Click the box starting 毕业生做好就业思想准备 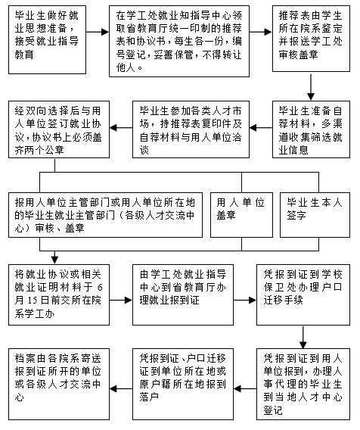(x=47, y=40)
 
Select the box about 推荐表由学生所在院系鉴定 (x=311, y=39)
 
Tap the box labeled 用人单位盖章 (x=241, y=215)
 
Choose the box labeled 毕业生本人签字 (x=315, y=215)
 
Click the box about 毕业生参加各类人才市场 (x=191, y=129)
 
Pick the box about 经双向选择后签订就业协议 (x=59, y=129)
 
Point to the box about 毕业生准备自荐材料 (x=311, y=129)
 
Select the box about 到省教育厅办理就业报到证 (x=183, y=294)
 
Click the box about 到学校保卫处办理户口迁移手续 (x=303, y=294)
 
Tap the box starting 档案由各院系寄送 (x=59, y=385)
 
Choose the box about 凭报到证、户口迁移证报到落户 (x=183, y=385)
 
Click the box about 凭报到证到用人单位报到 (x=303, y=385)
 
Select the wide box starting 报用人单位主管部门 (x=105, y=215)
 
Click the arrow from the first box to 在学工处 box (x=98, y=32)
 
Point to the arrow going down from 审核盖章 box (x=311, y=86)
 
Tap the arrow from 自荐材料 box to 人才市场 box (x=261, y=127)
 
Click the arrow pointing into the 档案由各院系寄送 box (x=121, y=388)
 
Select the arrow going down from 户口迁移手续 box (x=303, y=337)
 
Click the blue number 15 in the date (x=33, y=300)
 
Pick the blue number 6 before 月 (x=100, y=287)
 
